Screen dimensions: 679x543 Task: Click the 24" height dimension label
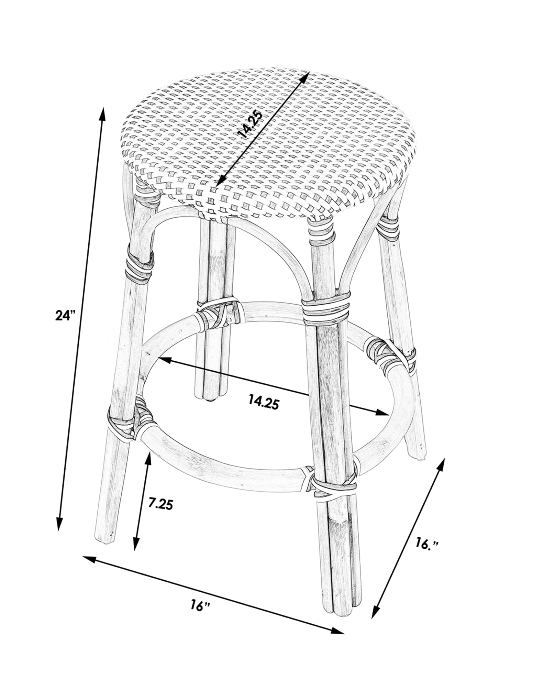[65, 315]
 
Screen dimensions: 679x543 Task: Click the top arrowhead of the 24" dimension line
[102, 114]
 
